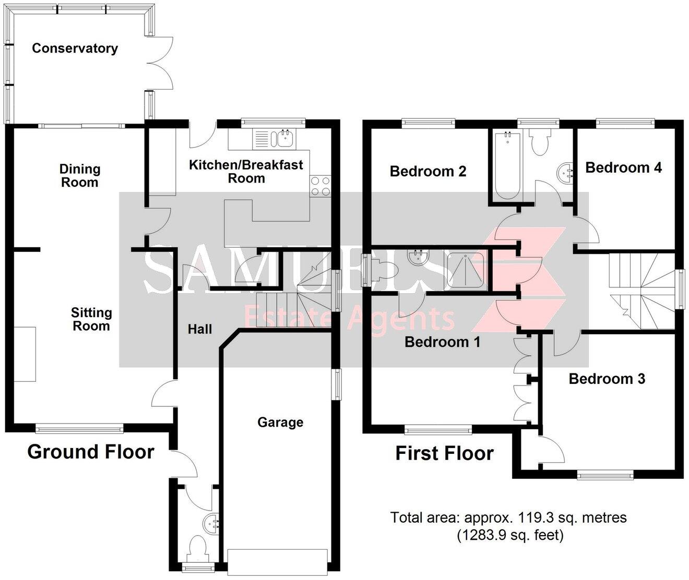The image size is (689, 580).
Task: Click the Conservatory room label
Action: tap(75, 49)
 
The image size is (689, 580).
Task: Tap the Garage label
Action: tap(280, 422)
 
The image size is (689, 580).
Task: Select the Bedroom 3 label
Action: tap(607, 379)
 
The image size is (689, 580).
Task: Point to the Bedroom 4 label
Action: tap(623, 167)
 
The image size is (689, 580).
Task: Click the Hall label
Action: tap(200, 329)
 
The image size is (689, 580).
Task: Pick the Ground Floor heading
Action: tap(91, 452)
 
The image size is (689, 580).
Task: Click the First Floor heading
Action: tap(444, 453)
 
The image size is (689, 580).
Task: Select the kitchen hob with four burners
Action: tap(320, 186)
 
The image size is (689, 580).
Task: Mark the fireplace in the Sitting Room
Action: tap(25, 354)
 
